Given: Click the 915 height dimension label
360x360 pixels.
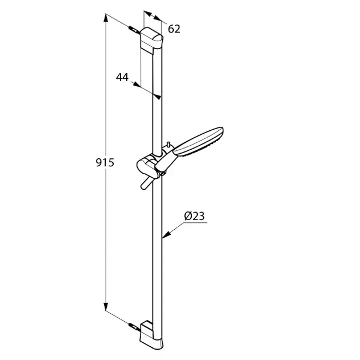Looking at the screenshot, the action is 105,163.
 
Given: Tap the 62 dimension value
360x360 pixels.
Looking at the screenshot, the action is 174,29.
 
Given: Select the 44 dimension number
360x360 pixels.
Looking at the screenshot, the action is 122,77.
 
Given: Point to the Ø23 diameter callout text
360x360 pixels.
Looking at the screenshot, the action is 194,216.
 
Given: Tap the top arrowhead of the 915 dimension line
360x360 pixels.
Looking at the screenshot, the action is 106,18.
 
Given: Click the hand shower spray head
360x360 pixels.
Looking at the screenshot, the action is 198,142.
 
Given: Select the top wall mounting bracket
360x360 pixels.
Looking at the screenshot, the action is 151,41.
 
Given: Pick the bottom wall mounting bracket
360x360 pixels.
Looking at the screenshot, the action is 151,335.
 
